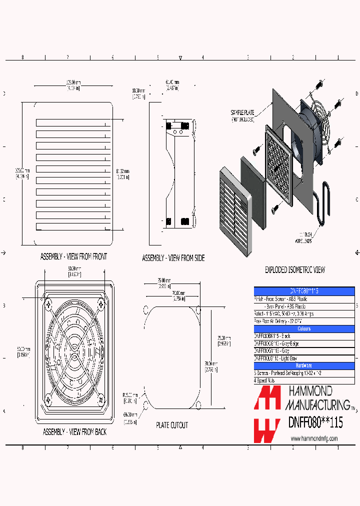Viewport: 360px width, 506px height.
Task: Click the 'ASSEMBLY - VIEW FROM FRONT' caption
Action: pyautogui.click(x=73, y=256)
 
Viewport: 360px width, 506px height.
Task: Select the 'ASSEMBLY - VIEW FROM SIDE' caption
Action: pyautogui.click(x=173, y=258)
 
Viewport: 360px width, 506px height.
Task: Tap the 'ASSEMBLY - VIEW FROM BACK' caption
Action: pyautogui.click(x=74, y=432)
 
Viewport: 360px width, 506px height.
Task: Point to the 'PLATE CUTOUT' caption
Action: pyautogui.click(x=172, y=425)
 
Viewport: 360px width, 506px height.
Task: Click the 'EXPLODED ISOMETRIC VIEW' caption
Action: pyautogui.click(x=294, y=270)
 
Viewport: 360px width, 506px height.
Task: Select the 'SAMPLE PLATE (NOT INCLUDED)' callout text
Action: pyautogui.click(x=243, y=116)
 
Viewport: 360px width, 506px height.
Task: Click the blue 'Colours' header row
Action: pyautogui.click(x=304, y=328)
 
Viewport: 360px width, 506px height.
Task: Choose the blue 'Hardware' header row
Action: pyautogui.click(x=304, y=365)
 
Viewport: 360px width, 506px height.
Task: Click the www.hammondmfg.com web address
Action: pyautogui.click(x=314, y=438)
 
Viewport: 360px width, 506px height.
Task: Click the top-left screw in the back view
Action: pyautogui.click(x=48, y=303)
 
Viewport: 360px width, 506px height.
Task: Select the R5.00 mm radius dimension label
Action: pyautogui.click(x=130, y=397)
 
